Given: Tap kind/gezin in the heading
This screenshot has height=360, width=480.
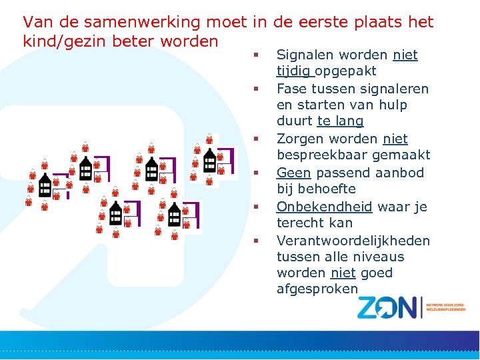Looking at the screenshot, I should (x=62, y=41).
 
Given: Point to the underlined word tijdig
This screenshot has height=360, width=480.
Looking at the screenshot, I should (x=294, y=71).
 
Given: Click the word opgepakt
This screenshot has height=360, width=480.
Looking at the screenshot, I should (x=346, y=71).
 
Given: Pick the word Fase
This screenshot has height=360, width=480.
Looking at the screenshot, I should (x=291, y=89).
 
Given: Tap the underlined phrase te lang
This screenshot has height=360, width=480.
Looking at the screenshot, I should (x=340, y=121).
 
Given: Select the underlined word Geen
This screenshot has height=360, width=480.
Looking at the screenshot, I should (x=293, y=173).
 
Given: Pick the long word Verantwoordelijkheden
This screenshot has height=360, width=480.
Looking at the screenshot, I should (x=353, y=240).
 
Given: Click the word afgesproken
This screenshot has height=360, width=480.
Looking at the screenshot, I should (x=317, y=289).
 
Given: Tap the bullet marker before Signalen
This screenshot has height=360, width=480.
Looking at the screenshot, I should (x=255, y=52).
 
